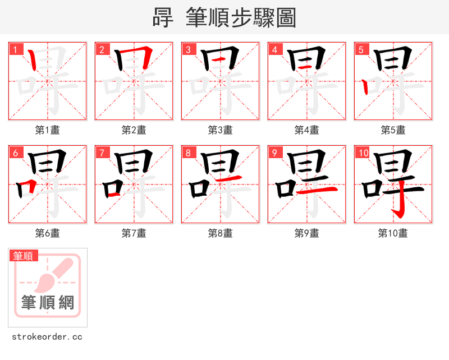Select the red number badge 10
pos(364,153)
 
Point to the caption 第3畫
pos(220,130)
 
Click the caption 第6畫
pos(47,233)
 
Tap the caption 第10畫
pos(393,233)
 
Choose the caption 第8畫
pos(220,233)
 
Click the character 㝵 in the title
pos(163,18)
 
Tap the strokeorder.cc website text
pos(47,337)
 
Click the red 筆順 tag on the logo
pos(24,256)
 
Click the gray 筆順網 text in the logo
pos(48,303)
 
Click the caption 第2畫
pos(134,130)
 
